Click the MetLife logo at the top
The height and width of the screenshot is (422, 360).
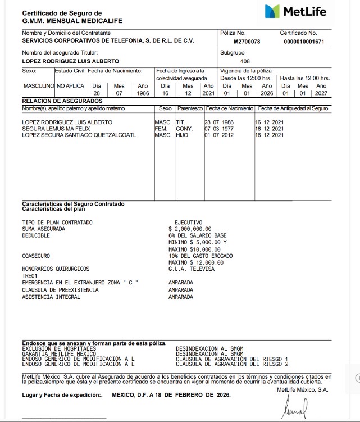(x=295, y=12)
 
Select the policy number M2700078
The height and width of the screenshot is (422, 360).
(x=247, y=42)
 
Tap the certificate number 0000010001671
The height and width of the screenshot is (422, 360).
(x=304, y=42)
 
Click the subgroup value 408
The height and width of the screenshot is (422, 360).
(x=245, y=61)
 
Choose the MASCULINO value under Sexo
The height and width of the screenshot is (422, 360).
(x=38, y=86)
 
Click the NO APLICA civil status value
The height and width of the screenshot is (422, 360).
(x=70, y=86)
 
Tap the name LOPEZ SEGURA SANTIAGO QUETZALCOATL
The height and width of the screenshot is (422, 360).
(x=79, y=135)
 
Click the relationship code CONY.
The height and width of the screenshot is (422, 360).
(x=184, y=129)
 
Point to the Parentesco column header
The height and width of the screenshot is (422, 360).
(x=189, y=108)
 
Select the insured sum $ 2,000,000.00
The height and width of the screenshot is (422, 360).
(x=190, y=229)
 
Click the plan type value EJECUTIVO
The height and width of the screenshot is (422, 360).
(x=188, y=223)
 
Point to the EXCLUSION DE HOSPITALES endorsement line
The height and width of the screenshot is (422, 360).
(x=58, y=348)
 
